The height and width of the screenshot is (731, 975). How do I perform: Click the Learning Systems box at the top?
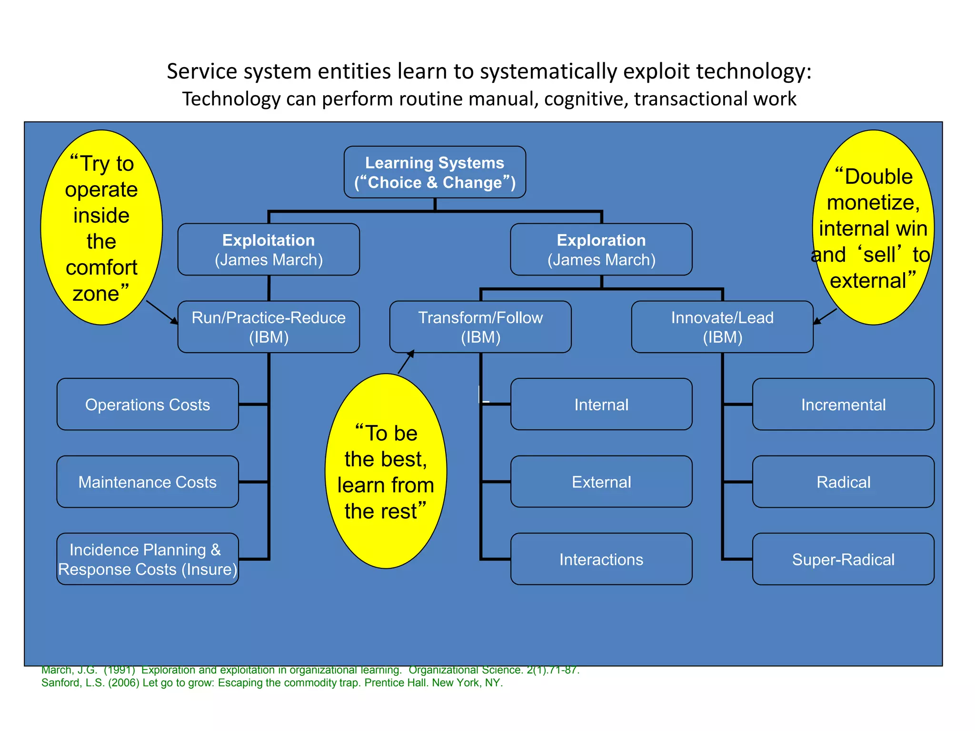pyautogui.click(x=435, y=172)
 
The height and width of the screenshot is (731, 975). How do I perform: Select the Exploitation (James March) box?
pyautogui.click(x=269, y=249)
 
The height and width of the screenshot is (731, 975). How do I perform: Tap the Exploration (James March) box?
pyautogui.click(x=601, y=249)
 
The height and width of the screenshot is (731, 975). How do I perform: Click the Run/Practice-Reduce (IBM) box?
pyautogui.click(x=269, y=327)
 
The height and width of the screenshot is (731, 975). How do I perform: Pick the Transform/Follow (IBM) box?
pyautogui.click(x=480, y=327)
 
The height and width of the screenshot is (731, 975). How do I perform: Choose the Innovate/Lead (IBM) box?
pyautogui.click(x=722, y=327)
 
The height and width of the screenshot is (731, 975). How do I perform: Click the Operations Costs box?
pyautogui.click(x=148, y=405)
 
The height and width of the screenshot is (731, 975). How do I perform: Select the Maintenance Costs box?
pyautogui.click(x=148, y=482)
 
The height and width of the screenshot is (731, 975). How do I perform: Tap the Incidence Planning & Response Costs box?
pyautogui.click(x=148, y=559)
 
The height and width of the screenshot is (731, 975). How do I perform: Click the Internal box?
pyautogui.click(x=601, y=405)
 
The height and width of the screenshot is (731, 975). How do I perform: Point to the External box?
pyautogui.click(x=601, y=482)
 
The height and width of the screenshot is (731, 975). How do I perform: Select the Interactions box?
pyautogui.click(x=601, y=559)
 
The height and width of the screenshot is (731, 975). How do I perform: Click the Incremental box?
pyautogui.click(x=843, y=405)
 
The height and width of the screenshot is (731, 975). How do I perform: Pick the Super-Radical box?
pyautogui.click(x=843, y=559)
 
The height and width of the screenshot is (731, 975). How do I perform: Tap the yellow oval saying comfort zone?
pyautogui.click(x=101, y=227)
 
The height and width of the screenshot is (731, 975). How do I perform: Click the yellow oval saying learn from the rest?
pyautogui.click(x=386, y=471)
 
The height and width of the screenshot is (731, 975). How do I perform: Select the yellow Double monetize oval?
pyautogui.click(x=873, y=227)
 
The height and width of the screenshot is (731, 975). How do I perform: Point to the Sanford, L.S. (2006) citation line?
pyautogui.click(x=272, y=683)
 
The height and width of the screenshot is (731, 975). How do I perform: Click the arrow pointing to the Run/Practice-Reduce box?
pyautogui.click(x=162, y=312)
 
